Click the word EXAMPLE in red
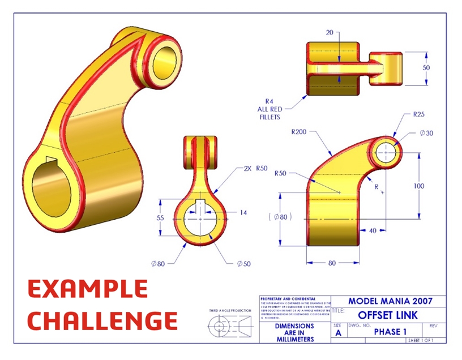tap(88, 289)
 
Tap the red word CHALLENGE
tap(102, 320)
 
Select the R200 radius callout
tap(299, 132)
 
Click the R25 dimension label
tap(418, 114)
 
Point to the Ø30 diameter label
tap(427, 133)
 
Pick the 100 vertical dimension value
tap(434, 186)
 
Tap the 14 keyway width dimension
tap(243, 213)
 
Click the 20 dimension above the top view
tap(330, 32)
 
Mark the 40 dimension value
tap(373, 231)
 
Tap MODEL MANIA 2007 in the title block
tap(388, 302)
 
